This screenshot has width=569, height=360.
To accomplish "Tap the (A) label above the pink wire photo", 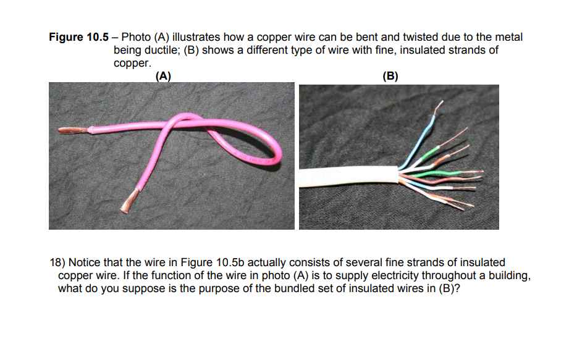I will tap(163, 77).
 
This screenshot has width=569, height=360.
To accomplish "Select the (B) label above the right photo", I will tap(390, 77).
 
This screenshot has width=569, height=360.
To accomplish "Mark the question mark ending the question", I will tap(458, 288).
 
